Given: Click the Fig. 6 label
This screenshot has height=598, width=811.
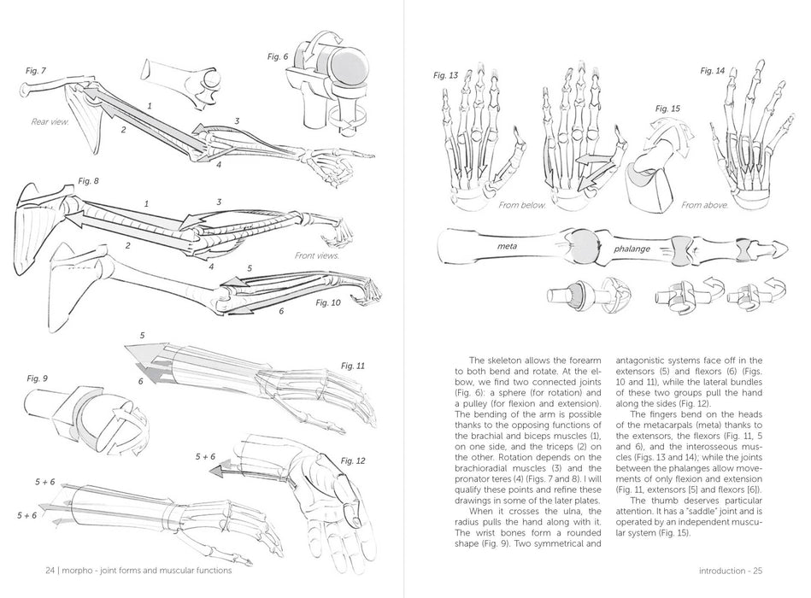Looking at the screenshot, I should pyautogui.click(x=278, y=56).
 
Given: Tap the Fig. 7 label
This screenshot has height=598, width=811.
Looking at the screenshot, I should pyautogui.click(x=36, y=70).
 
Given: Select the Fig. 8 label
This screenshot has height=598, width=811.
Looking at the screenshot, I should pyautogui.click(x=89, y=181).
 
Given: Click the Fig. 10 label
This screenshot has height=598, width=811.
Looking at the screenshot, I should pyautogui.click(x=328, y=302).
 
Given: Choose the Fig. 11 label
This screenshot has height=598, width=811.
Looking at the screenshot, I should pyautogui.click(x=353, y=366).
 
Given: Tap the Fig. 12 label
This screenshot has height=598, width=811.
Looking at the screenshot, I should pyautogui.click(x=353, y=460).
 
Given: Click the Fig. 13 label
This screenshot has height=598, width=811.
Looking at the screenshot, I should pyautogui.click(x=446, y=75).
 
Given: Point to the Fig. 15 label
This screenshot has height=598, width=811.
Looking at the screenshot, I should pyautogui.click(x=667, y=109).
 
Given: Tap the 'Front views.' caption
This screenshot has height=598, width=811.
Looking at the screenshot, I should pyautogui.click(x=317, y=255).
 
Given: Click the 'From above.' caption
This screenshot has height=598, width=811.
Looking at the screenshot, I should pyautogui.click(x=704, y=205).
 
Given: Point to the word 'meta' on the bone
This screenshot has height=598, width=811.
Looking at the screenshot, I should pyautogui.click(x=508, y=247).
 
